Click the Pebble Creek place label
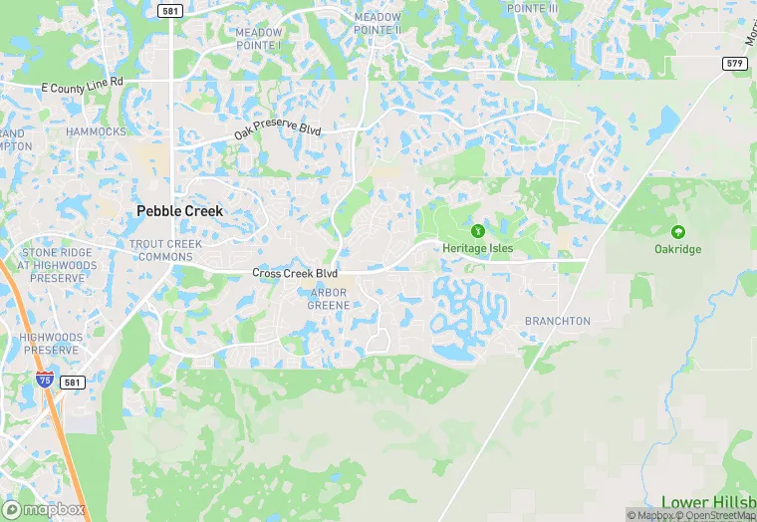click(179, 211)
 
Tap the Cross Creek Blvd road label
click(295, 273)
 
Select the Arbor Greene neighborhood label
click(329, 299)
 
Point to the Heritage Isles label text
click(477, 248)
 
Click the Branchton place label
click(557, 321)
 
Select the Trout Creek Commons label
click(165, 250)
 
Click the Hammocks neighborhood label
click(96, 131)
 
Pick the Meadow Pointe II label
click(378, 23)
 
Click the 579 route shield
click(735, 63)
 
